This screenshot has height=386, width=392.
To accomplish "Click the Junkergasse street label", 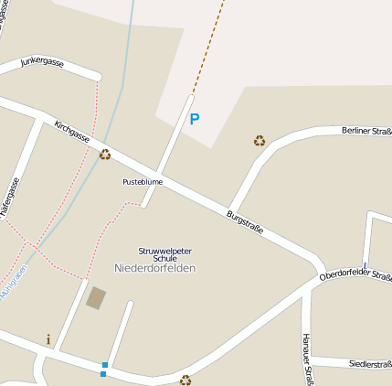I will [41, 64].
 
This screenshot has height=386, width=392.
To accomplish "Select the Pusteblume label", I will [143, 182].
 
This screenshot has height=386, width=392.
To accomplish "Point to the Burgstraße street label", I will [245, 221].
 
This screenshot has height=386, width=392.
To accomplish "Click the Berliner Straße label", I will [366, 133].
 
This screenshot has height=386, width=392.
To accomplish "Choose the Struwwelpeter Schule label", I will [158, 254].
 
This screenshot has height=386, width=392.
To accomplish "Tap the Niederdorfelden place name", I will [155, 268].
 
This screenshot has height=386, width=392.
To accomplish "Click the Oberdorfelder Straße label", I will [356, 275].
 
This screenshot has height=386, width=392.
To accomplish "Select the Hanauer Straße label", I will [309, 358].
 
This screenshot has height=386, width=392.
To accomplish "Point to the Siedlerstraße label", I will [370, 364].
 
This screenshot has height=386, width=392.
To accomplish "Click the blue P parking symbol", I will [194, 119].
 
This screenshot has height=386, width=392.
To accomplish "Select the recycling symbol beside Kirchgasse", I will [105, 155].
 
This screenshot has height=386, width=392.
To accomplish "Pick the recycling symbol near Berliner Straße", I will [260, 141].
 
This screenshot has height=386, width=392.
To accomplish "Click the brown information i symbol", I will [48, 339].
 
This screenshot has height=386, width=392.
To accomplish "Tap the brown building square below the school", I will [95, 298].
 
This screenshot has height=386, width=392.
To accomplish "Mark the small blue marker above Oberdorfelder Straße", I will [365, 267].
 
